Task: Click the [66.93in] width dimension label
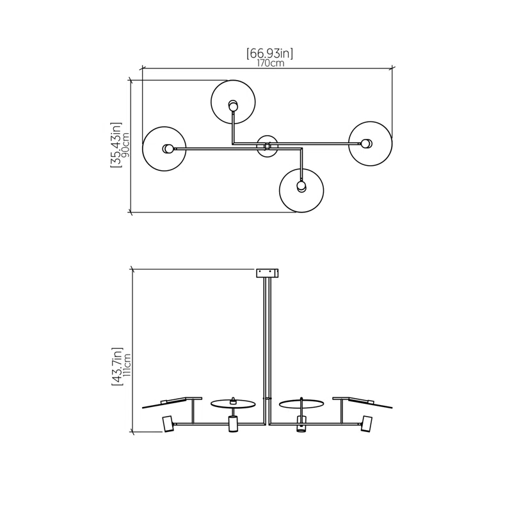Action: click(269, 53)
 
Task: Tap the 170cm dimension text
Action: click(270, 63)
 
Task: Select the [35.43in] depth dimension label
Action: click(116, 145)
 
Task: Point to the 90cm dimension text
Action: click(125, 145)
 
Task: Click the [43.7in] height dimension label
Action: click(117, 367)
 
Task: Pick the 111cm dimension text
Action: click(127, 365)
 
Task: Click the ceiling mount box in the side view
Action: click(267, 273)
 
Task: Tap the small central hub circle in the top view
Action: click(267, 147)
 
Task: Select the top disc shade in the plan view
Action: click(233, 102)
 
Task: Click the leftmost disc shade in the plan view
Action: click(164, 149)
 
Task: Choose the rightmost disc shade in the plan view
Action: click(371, 143)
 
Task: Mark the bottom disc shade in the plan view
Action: click(301, 190)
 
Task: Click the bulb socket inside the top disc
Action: click(233, 106)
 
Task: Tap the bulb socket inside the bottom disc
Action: click(301, 186)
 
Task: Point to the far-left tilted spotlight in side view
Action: click(168, 424)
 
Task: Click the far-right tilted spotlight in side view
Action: click(366, 424)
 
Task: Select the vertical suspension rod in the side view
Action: click(268, 350)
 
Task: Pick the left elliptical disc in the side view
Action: click(233, 404)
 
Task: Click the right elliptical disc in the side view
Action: click(301, 404)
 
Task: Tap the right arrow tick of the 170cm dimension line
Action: click(392, 68)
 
